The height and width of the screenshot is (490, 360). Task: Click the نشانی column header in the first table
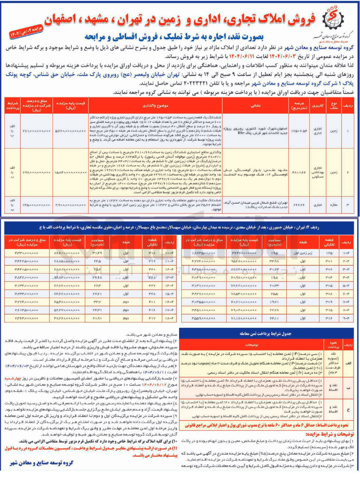point(255,105)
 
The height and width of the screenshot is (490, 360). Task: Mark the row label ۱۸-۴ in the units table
point(169,318)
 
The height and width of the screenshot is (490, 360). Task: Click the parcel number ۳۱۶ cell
point(328,318)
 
